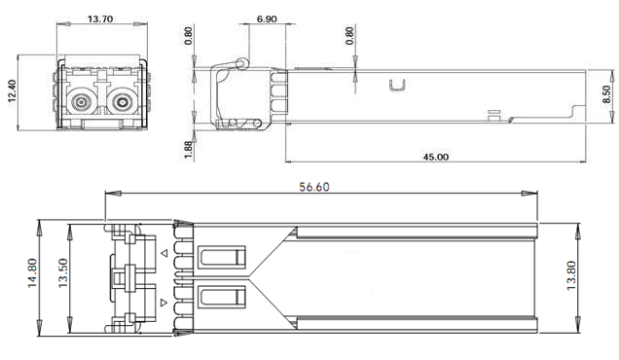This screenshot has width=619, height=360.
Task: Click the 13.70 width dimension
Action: [100, 18]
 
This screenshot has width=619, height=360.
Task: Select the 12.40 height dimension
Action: [12, 91]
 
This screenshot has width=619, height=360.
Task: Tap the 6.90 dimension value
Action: [267, 18]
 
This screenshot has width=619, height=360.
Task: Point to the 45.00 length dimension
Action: [436, 157]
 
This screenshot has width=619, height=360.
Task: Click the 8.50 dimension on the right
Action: [606, 94]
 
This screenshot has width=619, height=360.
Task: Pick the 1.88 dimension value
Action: [189, 151]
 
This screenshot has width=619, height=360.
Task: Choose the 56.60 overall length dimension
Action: [314, 186]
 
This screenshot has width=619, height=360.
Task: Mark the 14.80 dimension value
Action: [32, 272]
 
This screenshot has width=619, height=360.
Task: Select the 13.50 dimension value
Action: [63, 272]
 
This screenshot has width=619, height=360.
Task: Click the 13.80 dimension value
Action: [571, 276]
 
